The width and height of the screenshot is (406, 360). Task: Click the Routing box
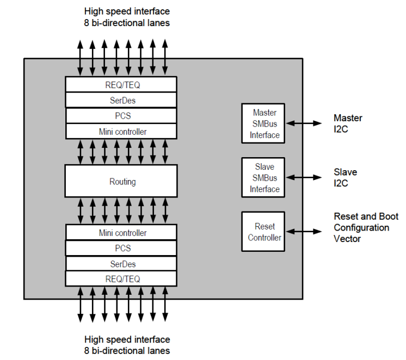tap(121, 181)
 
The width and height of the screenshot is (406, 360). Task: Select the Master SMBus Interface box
tap(263, 123)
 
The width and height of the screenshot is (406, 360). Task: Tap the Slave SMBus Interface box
tap(263, 178)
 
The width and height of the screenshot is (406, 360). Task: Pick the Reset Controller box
tap(263, 232)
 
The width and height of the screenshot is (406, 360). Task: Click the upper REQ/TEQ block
tap(121, 84)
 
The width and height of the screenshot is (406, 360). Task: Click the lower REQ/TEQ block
tap(121, 278)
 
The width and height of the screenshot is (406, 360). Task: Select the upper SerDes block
tap(121, 100)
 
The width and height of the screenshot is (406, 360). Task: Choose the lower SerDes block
tap(121, 264)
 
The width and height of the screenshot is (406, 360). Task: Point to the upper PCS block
tap(121, 116)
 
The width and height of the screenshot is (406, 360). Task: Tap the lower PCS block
tap(121, 248)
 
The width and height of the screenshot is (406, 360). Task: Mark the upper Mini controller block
tap(121, 131)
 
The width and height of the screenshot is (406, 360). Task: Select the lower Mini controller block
tap(121, 232)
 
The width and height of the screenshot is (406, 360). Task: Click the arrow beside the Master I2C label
tap(304, 123)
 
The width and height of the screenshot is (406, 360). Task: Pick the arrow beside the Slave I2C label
tap(304, 177)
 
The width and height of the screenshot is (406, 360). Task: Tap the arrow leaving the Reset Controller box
tap(304, 232)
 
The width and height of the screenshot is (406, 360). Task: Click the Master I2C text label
tap(348, 123)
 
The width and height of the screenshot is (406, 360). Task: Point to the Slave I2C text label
tap(345, 177)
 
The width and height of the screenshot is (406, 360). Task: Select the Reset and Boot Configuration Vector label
tap(361, 227)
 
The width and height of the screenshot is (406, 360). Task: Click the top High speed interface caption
tap(127, 16)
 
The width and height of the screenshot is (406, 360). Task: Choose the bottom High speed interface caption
tap(127, 345)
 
